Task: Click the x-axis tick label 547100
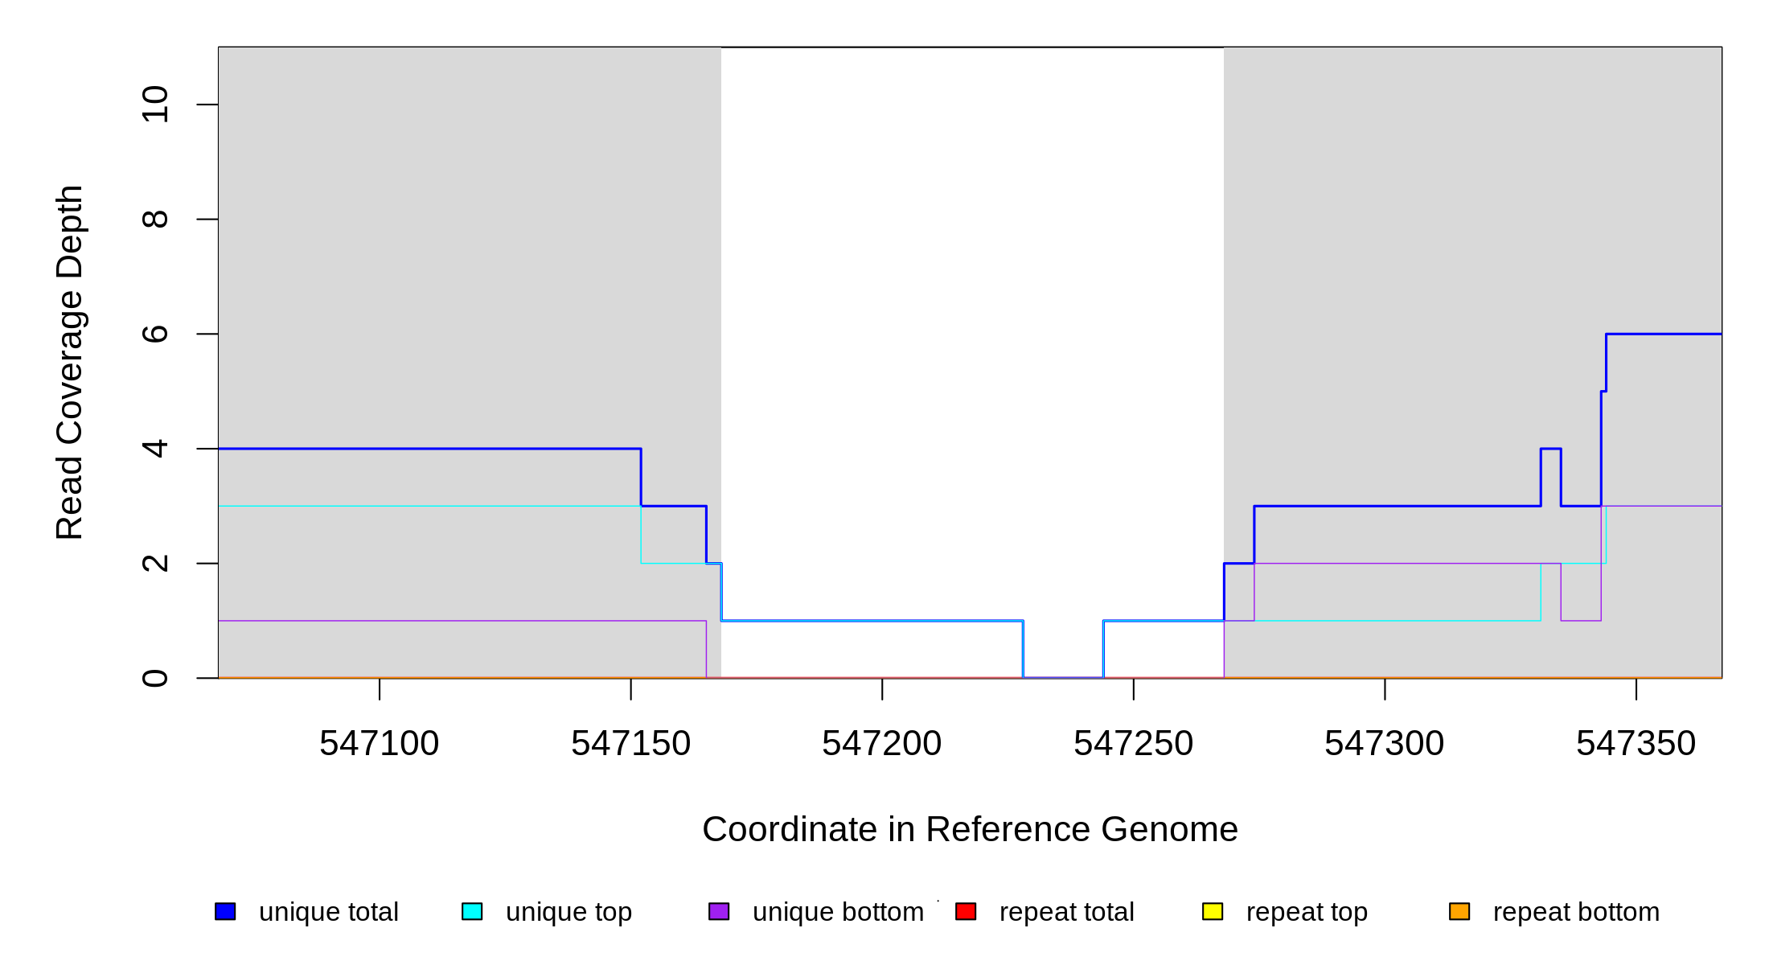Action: point(379,744)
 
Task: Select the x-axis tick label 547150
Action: point(630,744)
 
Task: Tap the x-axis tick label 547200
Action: point(881,744)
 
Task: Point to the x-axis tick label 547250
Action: point(1133,744)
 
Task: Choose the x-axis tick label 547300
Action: point(1384,744)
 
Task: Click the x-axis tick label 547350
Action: point(1636,744)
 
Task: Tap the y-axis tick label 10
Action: point(154,105)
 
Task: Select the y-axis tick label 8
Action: point(154,219)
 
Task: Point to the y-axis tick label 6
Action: point(154,334)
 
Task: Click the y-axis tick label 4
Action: point(154,449)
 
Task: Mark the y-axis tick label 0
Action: point(154,678)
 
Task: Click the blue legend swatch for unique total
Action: point(225,911)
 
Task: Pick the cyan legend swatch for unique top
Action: point(472,911)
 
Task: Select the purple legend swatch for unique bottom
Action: point(719,911)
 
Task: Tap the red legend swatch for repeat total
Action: point(966,911)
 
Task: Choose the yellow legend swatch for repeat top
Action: point(1213,911)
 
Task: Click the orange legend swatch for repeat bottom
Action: point(1459,911)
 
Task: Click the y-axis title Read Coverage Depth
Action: point(70,362)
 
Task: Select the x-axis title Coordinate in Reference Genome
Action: point(970,829)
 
